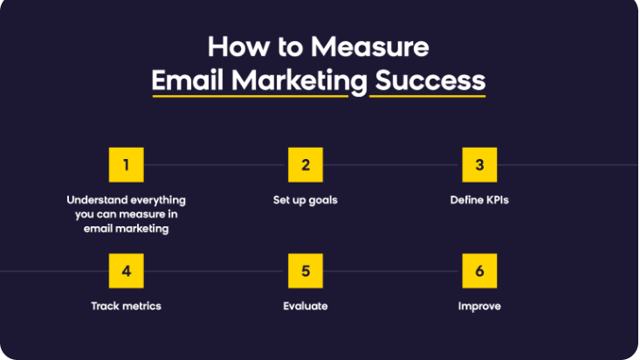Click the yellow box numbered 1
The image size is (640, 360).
point(127,164)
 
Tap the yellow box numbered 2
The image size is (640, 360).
point(306,164)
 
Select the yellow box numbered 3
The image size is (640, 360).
point(479,164)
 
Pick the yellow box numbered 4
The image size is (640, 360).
point(127,271)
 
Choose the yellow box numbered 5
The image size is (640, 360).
point(306,271)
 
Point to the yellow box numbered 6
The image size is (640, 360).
point(479,271)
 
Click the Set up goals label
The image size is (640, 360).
point(305,200)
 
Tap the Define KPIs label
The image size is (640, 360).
point(479,200)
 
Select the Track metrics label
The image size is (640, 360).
point(127,306)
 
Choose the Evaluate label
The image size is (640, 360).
point(305,306)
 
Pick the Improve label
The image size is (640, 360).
point(479,306)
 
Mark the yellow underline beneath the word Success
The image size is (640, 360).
point(428,95)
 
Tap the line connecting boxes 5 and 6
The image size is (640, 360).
point(392,271)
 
